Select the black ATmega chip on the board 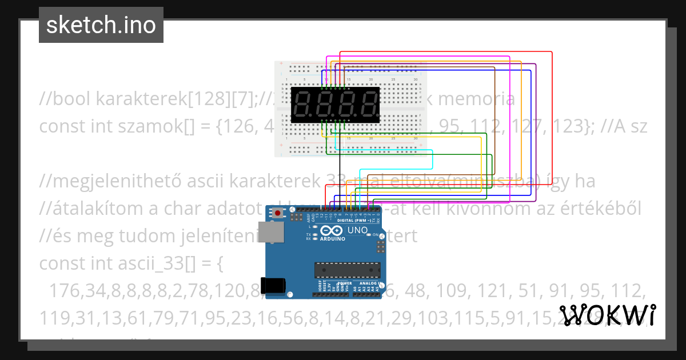coord(346,269)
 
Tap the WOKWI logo coord(607,315)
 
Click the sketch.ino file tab coord(101,25)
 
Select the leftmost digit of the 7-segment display coord(303,105)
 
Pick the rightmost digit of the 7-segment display coord(368,105)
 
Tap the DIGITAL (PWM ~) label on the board coord(353,220)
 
